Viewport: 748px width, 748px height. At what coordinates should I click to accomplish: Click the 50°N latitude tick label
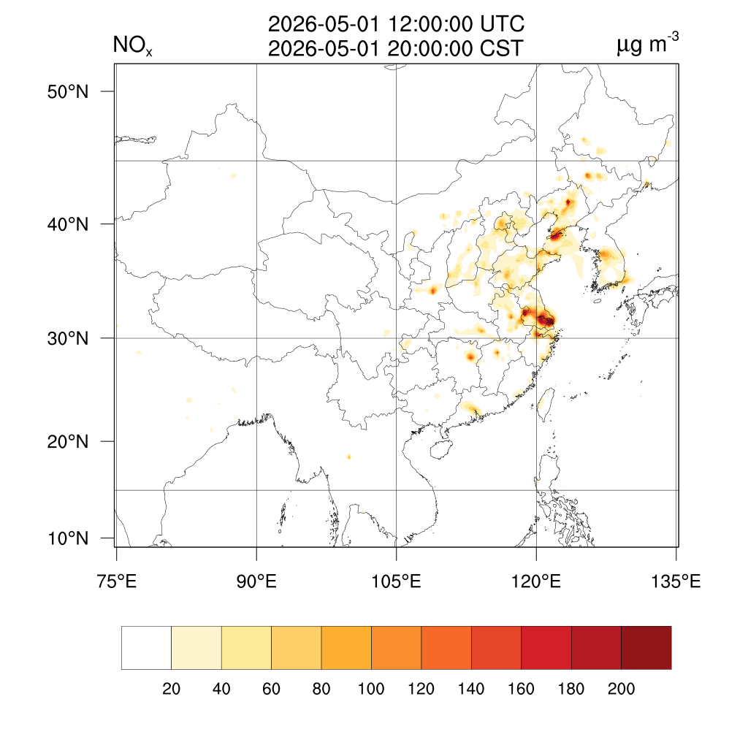tap(68, 91)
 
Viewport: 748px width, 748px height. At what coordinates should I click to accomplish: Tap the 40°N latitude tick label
tap(68, 224)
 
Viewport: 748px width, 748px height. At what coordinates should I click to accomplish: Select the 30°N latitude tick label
tap(68, 338)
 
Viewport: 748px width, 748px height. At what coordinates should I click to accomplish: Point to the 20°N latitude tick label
tap(68, 441)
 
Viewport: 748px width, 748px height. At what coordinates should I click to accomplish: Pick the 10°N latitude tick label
tap(68, 539)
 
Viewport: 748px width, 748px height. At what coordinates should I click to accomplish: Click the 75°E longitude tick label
tap(117, 582)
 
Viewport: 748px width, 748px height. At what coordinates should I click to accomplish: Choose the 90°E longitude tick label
tap(256, 582)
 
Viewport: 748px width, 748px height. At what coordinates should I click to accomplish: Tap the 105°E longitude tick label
tap(396, 582)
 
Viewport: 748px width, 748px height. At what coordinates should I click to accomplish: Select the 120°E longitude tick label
tap(536, 582)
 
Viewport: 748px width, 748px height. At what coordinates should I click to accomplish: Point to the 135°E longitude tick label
tap(676, 582)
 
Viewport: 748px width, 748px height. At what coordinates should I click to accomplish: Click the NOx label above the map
tap(132, 47)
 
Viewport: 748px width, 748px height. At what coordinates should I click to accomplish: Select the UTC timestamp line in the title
tap(396, 24)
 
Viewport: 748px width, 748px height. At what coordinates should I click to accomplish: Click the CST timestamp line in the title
tap(396, 48)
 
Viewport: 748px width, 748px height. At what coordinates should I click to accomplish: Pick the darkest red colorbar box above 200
tap(646, 648)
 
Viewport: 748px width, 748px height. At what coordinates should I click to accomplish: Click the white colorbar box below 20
tap(146, 648)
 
